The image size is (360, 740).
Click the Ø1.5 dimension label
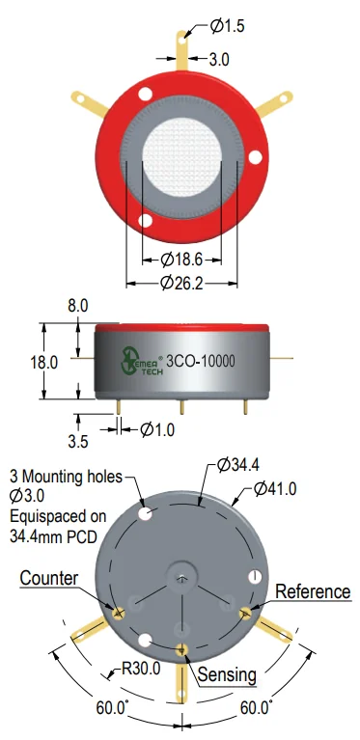[x=228, y=26]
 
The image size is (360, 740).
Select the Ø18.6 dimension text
[x=181, y=260]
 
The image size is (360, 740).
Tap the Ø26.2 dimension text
[x=181, y=283]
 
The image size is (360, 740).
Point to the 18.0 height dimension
[x=43, y=363]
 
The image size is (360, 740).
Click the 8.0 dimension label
[x=77, y=306]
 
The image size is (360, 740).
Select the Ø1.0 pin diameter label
[x=157, y=430]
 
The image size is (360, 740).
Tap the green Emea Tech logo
[x=142, y=362]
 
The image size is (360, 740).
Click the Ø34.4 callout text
[x=237, y=465]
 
